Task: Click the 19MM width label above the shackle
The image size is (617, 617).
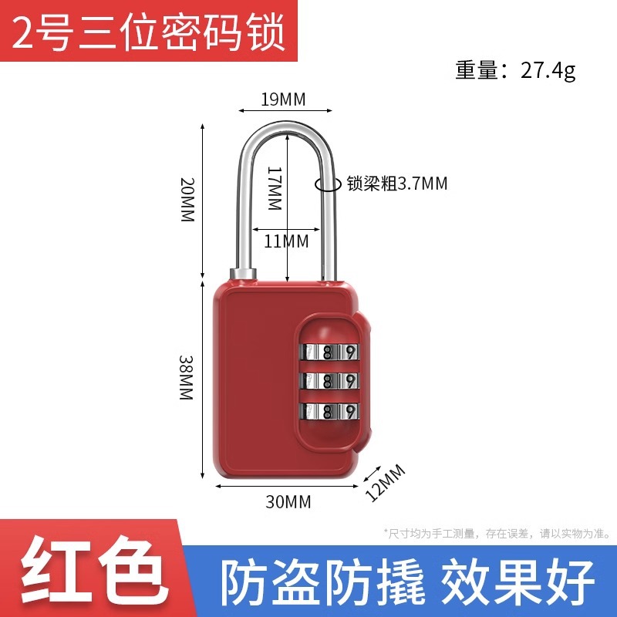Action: (x=283, y=99)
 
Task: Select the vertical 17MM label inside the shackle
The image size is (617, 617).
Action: (x=275, y=189)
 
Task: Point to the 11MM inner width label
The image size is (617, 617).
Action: (x=286, y=241)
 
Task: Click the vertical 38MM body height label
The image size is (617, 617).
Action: (x=186, y=377)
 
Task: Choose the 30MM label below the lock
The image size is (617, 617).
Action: (x=288, y=502)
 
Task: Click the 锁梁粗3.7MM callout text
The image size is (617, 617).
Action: (x=396, y=184)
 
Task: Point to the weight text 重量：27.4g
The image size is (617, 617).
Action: (x=515, y=71)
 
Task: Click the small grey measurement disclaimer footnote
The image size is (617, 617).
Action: (x=497, y=533)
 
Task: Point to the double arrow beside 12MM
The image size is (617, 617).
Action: (x=369, y=475)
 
